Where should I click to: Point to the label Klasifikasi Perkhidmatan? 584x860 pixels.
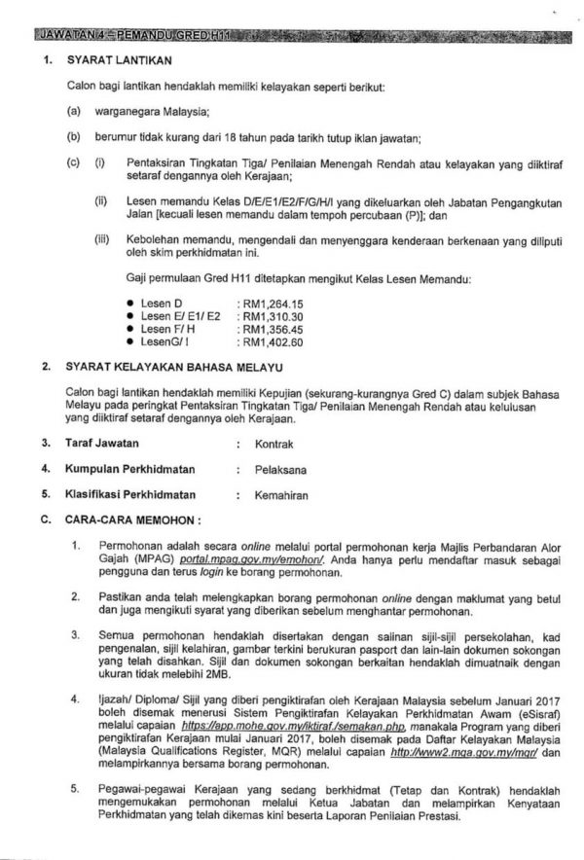(130, 494)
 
